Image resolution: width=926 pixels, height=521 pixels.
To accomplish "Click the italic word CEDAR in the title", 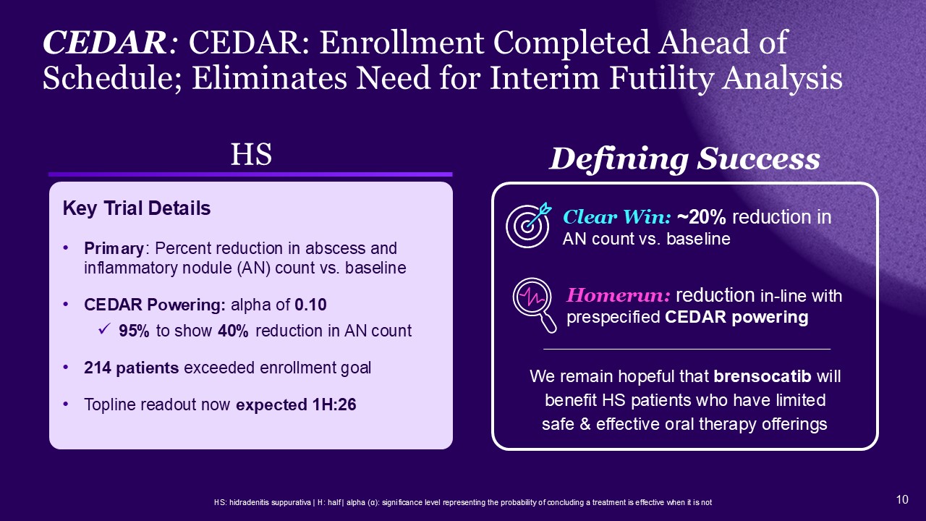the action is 105,43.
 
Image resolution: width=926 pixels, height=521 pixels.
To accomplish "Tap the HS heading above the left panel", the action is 251,155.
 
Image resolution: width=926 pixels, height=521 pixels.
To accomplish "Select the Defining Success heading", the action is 684,159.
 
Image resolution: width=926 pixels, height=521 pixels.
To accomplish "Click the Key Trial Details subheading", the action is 137,208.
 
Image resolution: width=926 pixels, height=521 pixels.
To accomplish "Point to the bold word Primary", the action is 114,249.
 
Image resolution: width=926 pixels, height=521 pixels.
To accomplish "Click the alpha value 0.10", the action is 310,305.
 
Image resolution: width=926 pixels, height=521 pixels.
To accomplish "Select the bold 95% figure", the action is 134,331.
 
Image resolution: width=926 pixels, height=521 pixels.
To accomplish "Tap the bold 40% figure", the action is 233,331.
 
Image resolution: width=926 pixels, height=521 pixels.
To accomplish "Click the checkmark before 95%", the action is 103,330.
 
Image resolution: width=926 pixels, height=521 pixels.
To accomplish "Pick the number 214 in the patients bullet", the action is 97,368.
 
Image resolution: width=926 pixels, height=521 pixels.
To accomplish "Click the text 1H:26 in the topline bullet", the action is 334,404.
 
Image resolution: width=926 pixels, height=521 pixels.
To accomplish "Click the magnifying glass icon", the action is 534,305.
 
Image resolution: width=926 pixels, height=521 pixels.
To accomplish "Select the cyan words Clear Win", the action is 616,217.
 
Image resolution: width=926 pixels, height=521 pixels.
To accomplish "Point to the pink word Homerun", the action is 618,295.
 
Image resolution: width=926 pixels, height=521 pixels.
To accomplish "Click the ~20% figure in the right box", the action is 701,217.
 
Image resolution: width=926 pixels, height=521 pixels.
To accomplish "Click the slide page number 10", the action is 902,499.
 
